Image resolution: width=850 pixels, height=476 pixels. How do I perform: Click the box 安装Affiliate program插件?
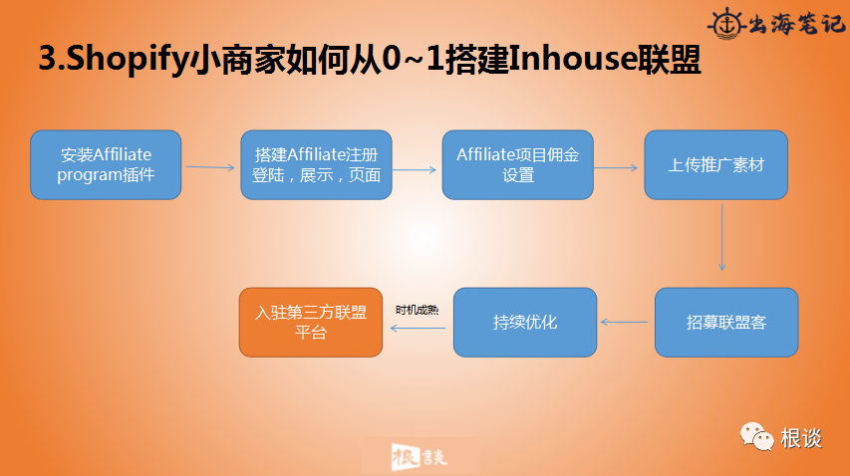[106, 165]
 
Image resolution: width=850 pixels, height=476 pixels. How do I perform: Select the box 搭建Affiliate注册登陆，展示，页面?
[316, 165]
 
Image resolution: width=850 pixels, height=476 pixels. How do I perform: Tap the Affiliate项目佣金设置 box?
[518, 165]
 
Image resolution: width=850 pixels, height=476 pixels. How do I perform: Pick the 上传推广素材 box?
[715, 165]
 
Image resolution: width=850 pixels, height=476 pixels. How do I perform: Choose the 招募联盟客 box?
[725, 323]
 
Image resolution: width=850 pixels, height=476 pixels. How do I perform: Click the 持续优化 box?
[525, 323]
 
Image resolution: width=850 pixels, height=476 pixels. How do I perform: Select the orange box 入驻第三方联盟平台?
[311, 323]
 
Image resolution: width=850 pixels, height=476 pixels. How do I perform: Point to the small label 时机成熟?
[417, 310]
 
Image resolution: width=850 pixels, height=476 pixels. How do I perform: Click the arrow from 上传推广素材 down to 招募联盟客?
[721, 235]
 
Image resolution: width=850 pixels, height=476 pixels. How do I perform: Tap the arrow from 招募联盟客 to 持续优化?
[626, 323]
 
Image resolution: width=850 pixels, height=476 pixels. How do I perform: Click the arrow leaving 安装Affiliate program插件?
[210, 167]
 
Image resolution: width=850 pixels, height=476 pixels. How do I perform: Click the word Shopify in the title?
[125, 60]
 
